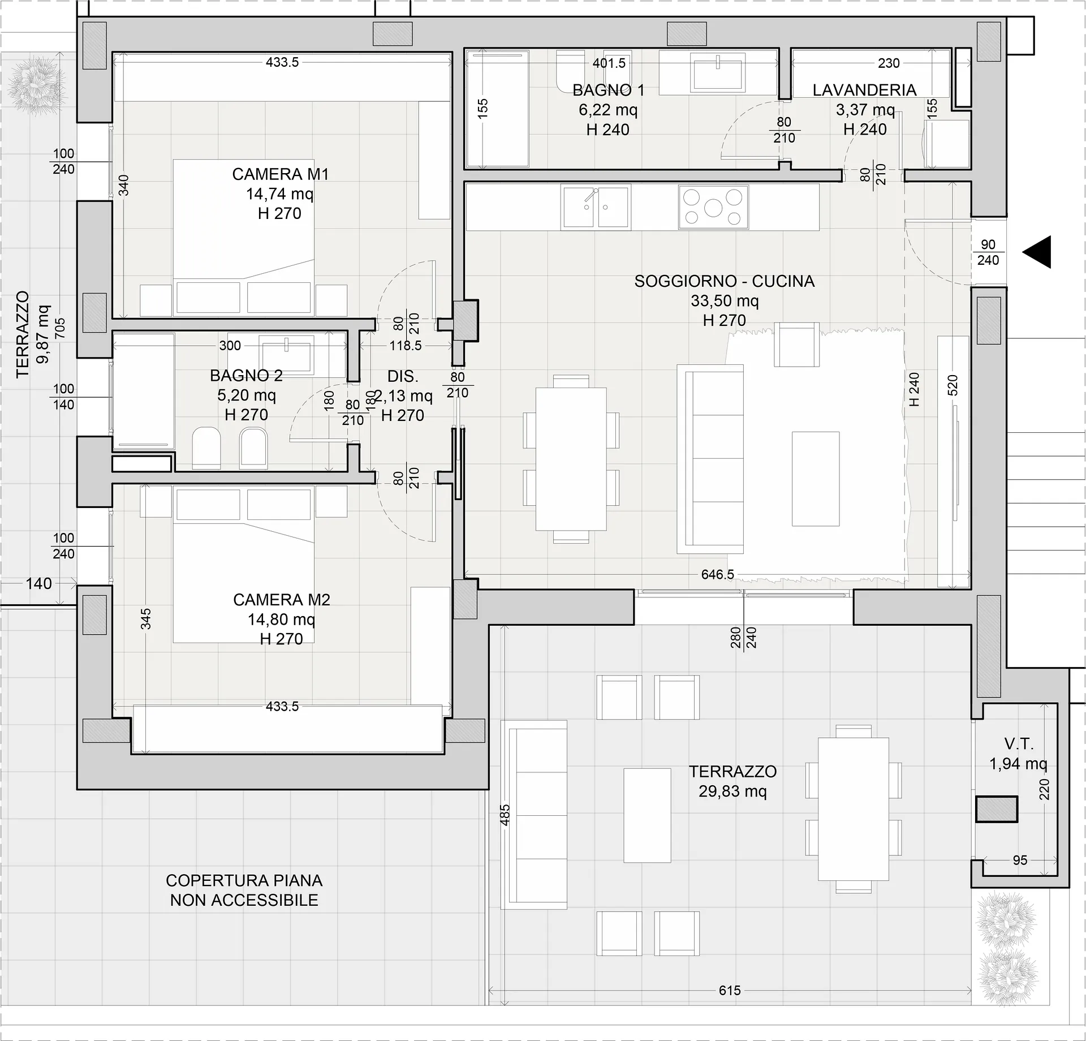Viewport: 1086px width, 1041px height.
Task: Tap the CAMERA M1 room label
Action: click(x=280, y=174)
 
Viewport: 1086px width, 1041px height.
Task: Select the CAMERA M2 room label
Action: click(x=281, y=600)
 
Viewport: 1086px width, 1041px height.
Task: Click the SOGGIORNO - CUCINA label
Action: click(x=725, y=281)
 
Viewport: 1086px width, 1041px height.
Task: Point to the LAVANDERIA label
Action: click(x=865, y=90)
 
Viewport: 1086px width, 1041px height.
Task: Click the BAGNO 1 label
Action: click(x=609, y=90)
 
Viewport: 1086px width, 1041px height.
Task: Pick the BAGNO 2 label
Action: click(x=246, y=375)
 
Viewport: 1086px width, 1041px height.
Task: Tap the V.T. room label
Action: click(x=1019, y=744)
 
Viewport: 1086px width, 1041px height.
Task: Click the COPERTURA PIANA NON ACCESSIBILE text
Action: click(x=244, y=890)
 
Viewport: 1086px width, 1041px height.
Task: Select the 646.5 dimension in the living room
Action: click(x=718, y=575)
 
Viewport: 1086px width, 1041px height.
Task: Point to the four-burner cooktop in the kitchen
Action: click(x=713, y=207)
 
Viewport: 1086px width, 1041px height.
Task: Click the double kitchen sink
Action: click(x=596, y=207)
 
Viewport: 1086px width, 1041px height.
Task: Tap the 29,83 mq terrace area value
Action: click(x=732, y=791)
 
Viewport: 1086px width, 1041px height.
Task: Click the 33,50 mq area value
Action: click(x=725, y=301)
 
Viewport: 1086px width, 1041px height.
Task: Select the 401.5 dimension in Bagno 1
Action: click(x=609, y=63)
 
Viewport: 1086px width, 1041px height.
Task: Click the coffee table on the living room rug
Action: click(x=815, y=479)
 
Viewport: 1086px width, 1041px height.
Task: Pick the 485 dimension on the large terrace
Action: click(x=505, y=815)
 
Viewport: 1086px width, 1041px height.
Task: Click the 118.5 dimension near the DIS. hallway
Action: click(x=406, y=345)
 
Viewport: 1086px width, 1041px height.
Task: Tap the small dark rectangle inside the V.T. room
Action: click(x=997, y=809)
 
